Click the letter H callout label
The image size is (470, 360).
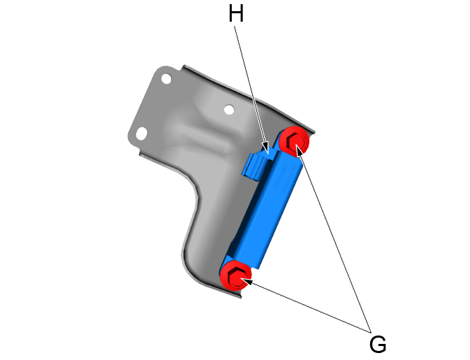point(236,13)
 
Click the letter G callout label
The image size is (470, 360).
point(377,343)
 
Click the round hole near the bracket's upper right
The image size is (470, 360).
point(228,110)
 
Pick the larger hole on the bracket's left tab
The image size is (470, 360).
point(142,133)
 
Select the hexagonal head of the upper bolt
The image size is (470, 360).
point(293,141)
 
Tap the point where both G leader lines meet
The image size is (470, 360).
point(369,329)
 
